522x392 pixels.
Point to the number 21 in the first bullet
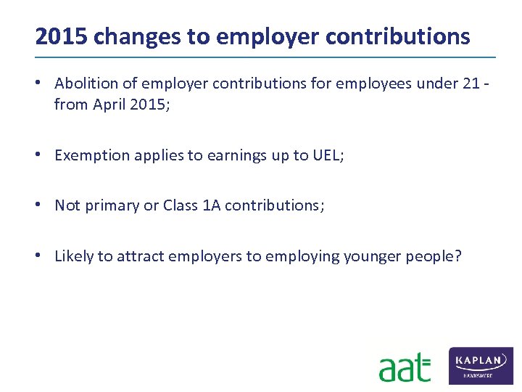coord(471,83)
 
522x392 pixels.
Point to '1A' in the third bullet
coord(212,205)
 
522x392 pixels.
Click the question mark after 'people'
coord(457,256)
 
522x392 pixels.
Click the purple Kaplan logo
coord(481,365)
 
